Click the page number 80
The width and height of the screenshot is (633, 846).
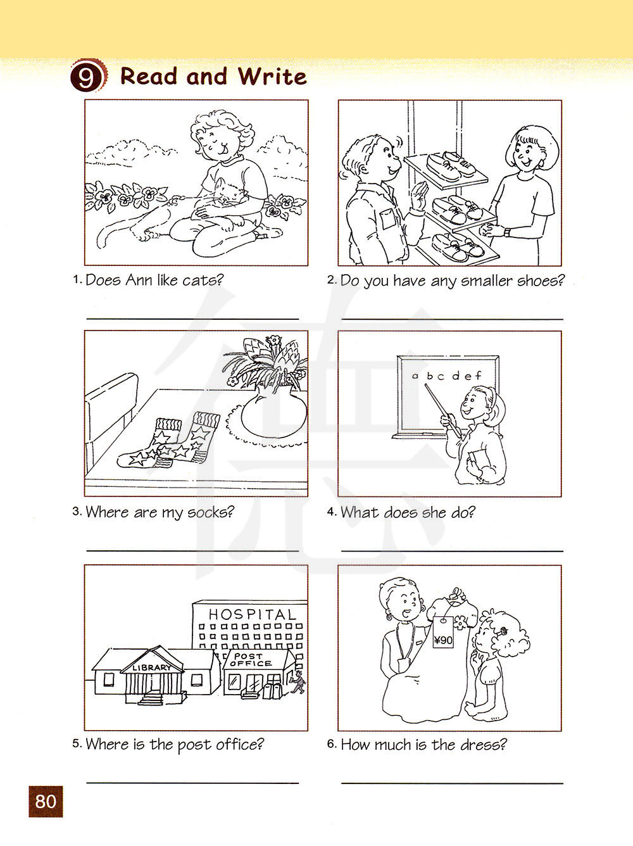[46, 801]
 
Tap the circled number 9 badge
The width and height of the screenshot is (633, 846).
[86, 75]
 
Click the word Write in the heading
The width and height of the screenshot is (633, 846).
[272, 76]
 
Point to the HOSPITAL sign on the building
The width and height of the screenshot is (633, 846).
[253, 614]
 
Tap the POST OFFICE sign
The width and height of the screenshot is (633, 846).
[251, 659]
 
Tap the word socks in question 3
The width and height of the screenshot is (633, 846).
[210, 513]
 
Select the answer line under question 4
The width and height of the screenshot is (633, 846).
[452, 551]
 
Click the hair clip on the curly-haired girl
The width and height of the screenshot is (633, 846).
[503, 631]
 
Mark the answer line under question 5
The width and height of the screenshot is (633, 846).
[192, 783]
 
